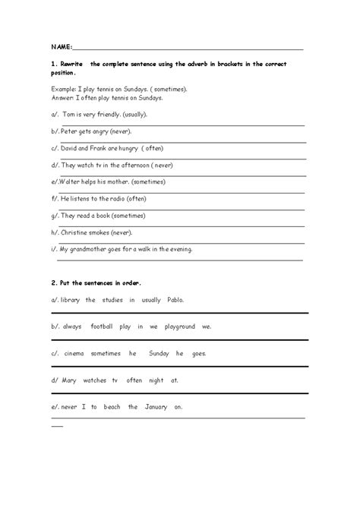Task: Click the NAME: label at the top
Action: [62, 47]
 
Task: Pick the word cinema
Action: [72, 353]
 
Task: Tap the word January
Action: [159, 406]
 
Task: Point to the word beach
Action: [110, 406]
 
